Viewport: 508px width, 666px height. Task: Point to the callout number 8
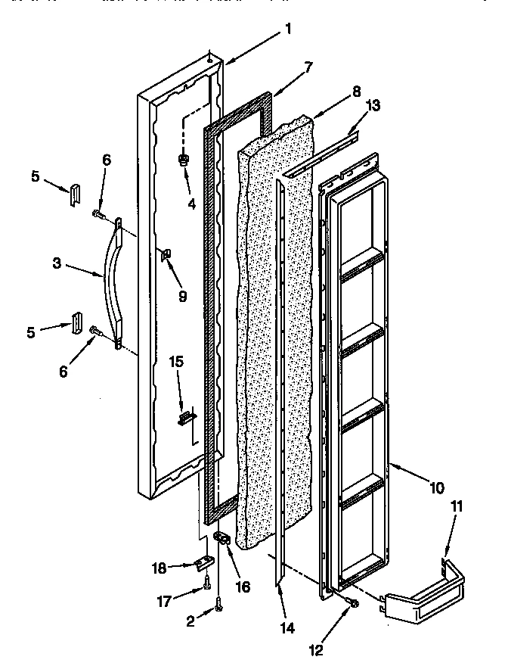click(x=336, y=96)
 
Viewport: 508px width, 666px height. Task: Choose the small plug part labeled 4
click(x=183, y=160)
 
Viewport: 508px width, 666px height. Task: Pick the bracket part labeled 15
click(x=184, y=417)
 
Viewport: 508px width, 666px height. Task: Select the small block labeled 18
click(x=202, y=563)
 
